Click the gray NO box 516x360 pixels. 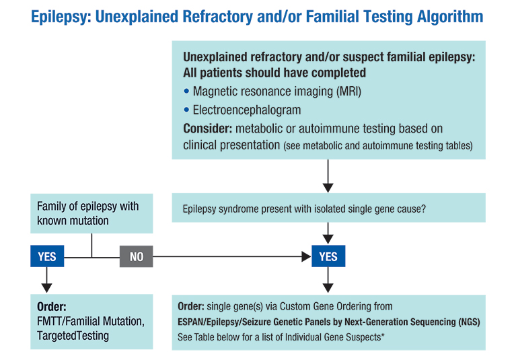point(137,256)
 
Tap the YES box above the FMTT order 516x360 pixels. point(47,256)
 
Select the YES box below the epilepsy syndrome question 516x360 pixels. point(328,256)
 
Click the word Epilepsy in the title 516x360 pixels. point(61,17)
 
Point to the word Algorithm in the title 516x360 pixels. point(450,17)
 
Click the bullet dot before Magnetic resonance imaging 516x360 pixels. point(186,91)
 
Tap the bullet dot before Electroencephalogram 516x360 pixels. point(186,110)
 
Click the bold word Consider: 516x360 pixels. point(208,129)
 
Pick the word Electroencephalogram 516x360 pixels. point(247,110)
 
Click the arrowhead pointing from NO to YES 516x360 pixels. point(307,256)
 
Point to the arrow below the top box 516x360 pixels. point(328,176)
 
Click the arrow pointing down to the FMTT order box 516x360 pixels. point(46,280)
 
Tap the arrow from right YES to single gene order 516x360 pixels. point(328,280)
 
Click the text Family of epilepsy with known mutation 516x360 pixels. point(88,213)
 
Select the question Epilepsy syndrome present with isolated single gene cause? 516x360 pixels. point(304,209)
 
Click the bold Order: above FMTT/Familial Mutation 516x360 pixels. point(52,307)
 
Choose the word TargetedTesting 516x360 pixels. point(73,336)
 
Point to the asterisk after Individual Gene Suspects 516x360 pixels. point(383,335)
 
